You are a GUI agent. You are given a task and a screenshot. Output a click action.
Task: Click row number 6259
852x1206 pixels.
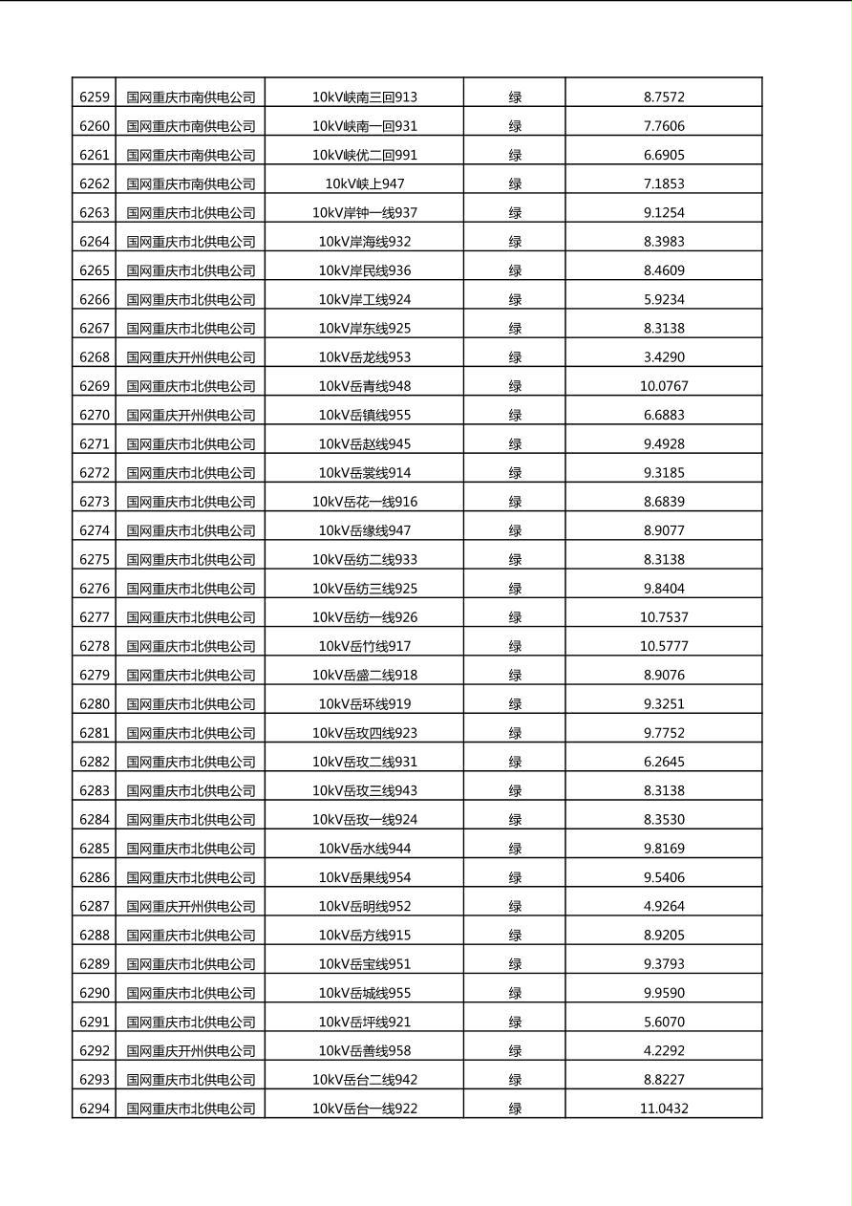[x=95, y=97]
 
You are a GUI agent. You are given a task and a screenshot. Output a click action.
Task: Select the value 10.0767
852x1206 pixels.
[x=664, y=386]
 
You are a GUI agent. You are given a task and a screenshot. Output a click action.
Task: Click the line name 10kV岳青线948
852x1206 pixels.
[x=365, y=386]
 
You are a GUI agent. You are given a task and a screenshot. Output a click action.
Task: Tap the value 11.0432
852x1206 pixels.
[x=664, y=1109]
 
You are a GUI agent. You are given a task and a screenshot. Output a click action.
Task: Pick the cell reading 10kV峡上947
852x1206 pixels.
[x=365, y=183]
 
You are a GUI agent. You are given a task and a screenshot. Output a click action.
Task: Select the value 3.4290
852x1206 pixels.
[x=664, y=357]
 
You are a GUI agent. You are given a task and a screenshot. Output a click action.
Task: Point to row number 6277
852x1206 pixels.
[x=95, y=617]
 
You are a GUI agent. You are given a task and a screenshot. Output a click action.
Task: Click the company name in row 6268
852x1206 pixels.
[x=191, y=357]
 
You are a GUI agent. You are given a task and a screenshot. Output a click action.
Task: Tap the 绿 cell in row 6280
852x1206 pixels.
[x=515, y=704]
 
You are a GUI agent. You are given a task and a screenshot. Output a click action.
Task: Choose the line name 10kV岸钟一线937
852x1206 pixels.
[x=365, y=212]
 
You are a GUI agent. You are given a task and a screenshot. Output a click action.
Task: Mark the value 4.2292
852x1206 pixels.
[x=664, y=1050]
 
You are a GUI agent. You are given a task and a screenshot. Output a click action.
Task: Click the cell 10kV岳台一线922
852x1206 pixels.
[x=365, y=1109]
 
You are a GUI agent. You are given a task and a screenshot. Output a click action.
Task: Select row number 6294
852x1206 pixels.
[x=95, y=1109]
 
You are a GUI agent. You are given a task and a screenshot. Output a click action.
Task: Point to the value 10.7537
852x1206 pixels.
[x=664, y=617]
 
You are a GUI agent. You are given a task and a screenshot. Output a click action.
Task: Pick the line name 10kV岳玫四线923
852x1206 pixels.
[x=365, y=733]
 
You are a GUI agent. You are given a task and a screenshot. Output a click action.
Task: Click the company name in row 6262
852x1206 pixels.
[x=191, y=183]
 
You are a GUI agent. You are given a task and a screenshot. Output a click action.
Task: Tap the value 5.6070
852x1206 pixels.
[x=664, y=1022]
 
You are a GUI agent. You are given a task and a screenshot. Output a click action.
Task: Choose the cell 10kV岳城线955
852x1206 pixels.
[x=365, y=993]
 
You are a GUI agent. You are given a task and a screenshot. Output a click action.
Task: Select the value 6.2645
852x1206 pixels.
[x=664, y=762]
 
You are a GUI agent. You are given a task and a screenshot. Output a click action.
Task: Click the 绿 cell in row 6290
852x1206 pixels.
[x=515, y=993]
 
